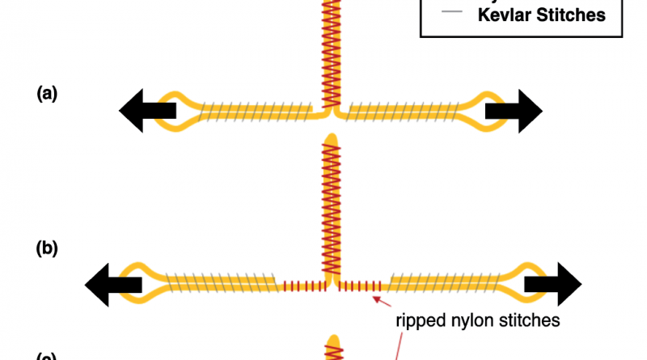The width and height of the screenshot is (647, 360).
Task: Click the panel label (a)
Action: (47, 93)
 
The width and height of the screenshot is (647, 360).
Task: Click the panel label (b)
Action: (47, 249)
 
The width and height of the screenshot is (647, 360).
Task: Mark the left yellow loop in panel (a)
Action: (176, 113)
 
